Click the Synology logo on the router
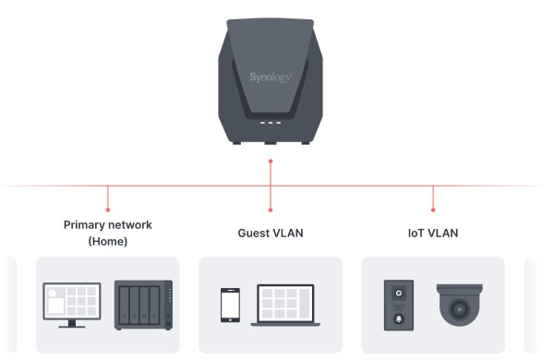[x=271, y=78]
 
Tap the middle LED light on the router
[x=271, y=123]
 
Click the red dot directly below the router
[x=271, y=162]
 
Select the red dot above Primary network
[x=108, y=210]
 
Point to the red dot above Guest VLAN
[x=271, y=210]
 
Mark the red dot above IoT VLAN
[x=433, y=210]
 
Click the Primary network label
[x=108, y=224]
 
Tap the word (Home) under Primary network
[x=108, y=241]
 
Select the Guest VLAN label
[x=271, y=233]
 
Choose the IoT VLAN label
[x=433, y=233]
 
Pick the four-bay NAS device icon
[x=144, y=305]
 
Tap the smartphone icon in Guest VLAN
[x=230, y=306]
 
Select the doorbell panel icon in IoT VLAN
[x=399, y=305]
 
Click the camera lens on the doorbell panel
[x=399, y=294]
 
